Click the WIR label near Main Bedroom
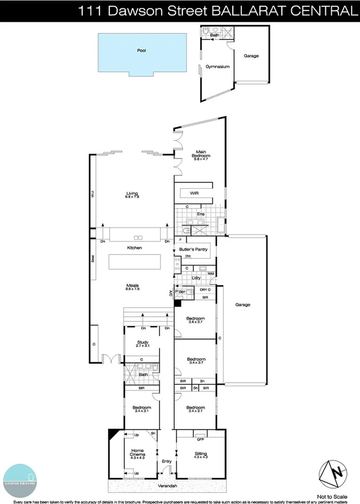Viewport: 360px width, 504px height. (x=195, y=193)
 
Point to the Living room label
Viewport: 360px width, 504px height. (x=132, y=194)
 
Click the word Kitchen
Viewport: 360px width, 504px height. (x=135, y=248)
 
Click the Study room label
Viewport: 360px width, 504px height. (x=142, y=344)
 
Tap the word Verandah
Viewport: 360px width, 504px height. (x=166, y=488)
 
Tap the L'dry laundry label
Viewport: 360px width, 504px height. (x=196, y=278)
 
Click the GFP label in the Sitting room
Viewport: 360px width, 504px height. (x=200, y=440)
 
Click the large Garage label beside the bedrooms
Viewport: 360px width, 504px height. (x=243, y=305)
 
